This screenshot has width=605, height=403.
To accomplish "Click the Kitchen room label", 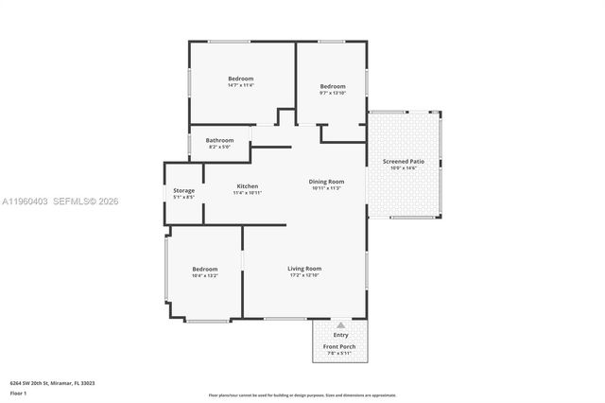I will pos(247,185).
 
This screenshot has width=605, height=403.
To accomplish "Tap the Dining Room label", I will pos(326,181).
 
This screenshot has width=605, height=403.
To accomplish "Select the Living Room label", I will pos(304,268).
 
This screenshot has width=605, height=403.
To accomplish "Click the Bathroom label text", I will pos(219,140).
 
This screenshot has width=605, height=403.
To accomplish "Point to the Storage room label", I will pos(183,190).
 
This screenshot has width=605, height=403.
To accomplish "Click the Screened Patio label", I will pos(403,161).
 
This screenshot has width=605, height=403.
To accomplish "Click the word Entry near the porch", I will pos(340,335).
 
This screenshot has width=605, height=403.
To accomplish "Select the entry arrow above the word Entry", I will pos(340,324).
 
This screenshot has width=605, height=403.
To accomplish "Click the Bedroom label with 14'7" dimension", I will pos(241,78).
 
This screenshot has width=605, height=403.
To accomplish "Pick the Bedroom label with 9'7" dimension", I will pos(332,86).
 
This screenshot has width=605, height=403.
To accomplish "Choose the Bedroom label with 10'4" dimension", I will pos(205,269).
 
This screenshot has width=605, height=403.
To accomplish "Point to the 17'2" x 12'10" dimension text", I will pos(304,275).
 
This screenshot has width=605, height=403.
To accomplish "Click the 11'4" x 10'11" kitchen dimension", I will pos(247,193).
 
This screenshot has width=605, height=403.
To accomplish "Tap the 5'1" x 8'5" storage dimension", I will pos(183,197).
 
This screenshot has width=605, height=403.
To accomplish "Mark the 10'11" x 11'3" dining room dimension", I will pos(326,188).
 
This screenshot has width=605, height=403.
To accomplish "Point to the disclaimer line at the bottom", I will pos(302,394).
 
